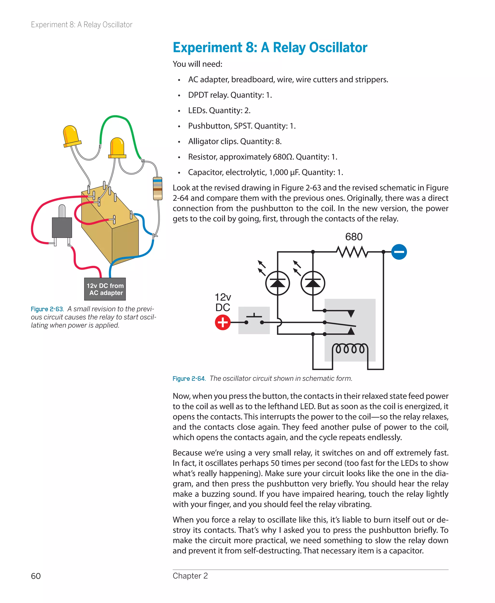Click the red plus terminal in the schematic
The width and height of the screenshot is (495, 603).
(223, 322)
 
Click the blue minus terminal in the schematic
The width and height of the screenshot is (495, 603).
(399, 252)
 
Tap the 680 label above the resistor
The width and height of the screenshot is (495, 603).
(354, 237)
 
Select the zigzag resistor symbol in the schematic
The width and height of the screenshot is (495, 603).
(352, 252)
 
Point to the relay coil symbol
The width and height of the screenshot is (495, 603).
(350, 349)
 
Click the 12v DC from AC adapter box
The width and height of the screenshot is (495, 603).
(105, 289)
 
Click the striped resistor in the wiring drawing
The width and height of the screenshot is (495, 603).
(157, 188)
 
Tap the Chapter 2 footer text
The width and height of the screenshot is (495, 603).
(190, 576)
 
